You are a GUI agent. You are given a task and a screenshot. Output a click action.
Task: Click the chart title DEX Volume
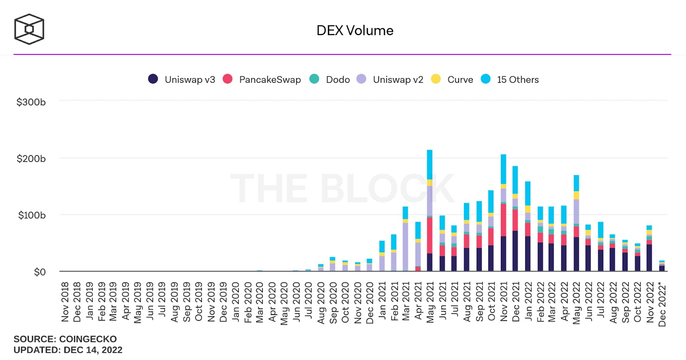pyautogui.click(x=355, y=30)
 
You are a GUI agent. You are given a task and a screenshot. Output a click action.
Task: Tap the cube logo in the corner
pyautogui.click(x=29, y=29)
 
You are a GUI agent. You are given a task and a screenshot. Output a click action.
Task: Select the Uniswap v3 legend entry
pyautogui.click(x=181, y=79)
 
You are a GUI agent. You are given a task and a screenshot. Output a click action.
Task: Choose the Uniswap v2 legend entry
pyautogui.click(x=390, y=79)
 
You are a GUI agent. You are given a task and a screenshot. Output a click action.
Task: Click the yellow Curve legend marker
pyautogui.click(x=436, y=79)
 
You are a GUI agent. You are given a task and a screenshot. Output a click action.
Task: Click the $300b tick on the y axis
pyautogui.click(x=31, y=102)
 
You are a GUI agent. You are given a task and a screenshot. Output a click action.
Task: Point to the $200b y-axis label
pyautogui.click(x=31, y=159)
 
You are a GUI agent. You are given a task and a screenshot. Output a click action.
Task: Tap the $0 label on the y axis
pyautogui.click(x=40, y=272)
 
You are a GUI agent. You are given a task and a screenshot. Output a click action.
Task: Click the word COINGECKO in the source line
pyautogui.click(x=88, y=339)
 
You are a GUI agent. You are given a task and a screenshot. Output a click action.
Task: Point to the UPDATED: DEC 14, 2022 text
pyautogui.click(x=68, y=350)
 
